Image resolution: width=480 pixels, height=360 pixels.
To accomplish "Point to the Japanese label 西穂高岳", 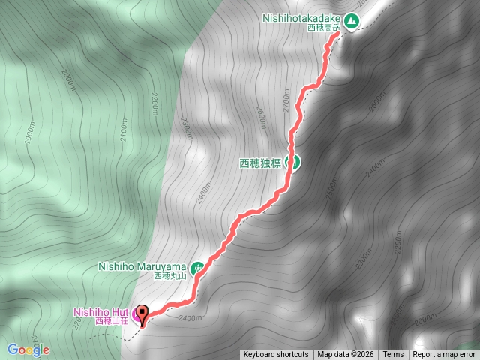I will click(324, 28).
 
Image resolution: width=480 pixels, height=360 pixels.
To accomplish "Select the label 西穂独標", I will click(259, 163).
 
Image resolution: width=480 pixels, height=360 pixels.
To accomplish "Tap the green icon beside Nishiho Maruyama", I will click(197, 266).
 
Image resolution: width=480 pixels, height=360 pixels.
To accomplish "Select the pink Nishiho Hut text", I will click(101, 311).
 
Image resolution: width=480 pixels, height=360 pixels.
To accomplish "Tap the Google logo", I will click(28, 349).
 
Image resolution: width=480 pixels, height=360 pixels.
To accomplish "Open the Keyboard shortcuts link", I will click(275, 355).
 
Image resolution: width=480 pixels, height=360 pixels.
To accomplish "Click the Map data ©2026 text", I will click(345, 355).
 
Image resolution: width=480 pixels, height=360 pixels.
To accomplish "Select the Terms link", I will click(393, 355).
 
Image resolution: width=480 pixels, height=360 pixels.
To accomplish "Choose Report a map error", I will click(444, 355).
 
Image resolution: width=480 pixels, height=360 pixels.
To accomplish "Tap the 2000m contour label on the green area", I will click(68, 79).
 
